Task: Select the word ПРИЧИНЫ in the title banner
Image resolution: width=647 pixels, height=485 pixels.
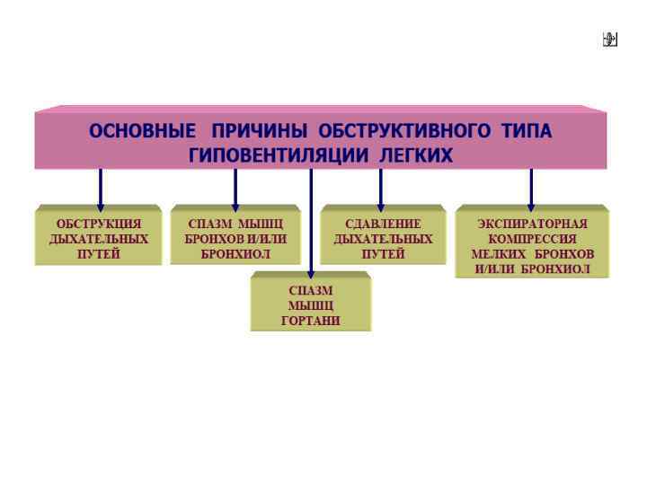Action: click(x=259, y=131)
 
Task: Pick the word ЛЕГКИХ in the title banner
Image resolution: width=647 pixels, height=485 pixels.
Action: click(x=416, y=155)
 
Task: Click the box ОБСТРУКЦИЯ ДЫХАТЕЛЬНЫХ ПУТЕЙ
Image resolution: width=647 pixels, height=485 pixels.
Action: click(x=99, y=238)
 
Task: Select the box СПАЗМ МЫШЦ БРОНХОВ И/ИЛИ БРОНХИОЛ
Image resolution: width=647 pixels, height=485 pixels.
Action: click(x=235, y=238)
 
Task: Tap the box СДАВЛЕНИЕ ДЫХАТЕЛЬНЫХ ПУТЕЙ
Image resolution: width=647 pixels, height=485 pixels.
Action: click(x=384, y=238)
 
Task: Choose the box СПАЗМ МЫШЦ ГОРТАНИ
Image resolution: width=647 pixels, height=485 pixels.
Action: click(x=311, y=305)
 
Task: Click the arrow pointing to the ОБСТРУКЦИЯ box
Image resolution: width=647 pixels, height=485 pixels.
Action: click(x=100, y=189)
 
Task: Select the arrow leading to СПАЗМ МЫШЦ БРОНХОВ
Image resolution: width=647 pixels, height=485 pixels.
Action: click(x=235, y=189)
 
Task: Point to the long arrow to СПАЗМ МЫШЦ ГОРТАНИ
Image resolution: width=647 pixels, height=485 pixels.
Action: click(x=311, y=225)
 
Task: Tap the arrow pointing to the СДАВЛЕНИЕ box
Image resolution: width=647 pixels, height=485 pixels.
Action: click(x=381, y=189)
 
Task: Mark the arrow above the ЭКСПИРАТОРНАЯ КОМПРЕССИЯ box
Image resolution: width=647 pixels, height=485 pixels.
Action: click(x=531, y=189)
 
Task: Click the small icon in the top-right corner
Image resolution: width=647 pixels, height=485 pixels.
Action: click(x=610, y=39)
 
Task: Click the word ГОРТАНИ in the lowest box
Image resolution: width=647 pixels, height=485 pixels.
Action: click(x=311, y=321)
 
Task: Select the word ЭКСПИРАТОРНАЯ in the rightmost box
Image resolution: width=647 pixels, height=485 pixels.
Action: click(x=532, y=223)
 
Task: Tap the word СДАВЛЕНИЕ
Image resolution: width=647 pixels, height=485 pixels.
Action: click(x=384, y=224)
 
